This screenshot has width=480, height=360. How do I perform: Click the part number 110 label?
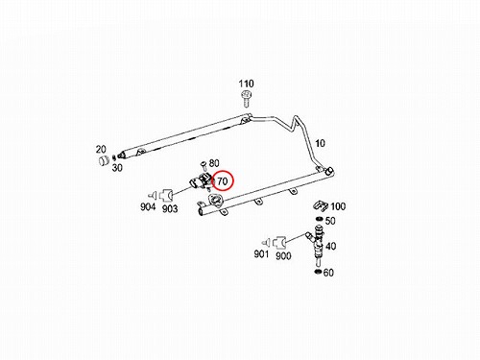click(246, 84)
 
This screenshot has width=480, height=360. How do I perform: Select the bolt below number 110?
click(246, 99)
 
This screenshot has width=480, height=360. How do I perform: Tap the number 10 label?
click(320, 143)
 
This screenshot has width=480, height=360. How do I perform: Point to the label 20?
click(101, 150)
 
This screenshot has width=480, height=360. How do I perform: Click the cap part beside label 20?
click(104, 160)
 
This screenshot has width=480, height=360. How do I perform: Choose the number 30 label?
click(117, 168)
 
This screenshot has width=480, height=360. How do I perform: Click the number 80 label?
click(214, 163)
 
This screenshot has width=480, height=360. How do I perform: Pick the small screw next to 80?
click(203, 166)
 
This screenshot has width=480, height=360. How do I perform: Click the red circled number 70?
click(222, 181)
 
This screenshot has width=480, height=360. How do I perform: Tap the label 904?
click(148, 207)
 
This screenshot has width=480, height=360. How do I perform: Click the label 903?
click(170, 209)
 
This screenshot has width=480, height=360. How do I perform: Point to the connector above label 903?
click(166, 194)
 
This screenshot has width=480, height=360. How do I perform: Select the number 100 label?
click(338, 206)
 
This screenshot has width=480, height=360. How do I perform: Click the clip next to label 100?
click(321, 205)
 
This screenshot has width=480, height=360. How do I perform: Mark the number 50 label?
click(330, 221)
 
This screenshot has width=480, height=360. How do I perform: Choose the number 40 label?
click(330, 247)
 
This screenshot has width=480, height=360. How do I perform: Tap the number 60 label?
click(328, 273)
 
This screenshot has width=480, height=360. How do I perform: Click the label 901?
click(261, 254)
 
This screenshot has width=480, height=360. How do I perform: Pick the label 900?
click(283, 256)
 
